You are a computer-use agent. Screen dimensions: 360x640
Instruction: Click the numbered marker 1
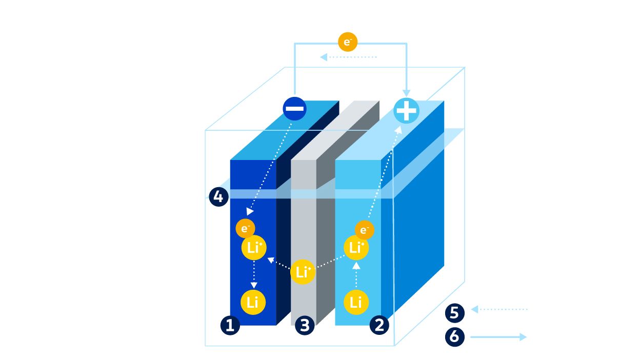point(230,326)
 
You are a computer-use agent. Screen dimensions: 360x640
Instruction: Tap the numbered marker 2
point(379,326)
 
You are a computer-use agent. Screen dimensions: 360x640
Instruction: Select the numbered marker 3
point(305,326)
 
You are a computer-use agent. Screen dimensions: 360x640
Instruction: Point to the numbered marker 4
point(218,197)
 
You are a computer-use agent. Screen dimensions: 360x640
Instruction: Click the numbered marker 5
point(454,312)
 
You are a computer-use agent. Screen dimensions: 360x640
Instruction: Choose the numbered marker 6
point(454,337)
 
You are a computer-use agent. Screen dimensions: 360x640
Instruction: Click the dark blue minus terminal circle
point(295,109)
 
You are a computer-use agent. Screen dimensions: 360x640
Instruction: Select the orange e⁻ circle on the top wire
point(348,42)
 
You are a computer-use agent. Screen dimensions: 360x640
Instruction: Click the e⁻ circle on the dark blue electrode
point(245,229)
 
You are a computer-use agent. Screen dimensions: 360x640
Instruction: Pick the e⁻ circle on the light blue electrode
point(364,230)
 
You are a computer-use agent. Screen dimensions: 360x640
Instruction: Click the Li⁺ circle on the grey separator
point(303,272)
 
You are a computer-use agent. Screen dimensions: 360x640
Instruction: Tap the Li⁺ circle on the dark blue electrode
point(254,248)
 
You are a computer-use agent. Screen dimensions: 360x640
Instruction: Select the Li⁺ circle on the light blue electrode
point(356,248)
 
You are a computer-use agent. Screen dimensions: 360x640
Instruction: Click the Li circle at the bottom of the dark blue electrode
point(253,302)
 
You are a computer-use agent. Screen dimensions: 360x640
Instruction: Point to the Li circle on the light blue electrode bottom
point(356,302)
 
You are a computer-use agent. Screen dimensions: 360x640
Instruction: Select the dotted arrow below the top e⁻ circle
point(349,57)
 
